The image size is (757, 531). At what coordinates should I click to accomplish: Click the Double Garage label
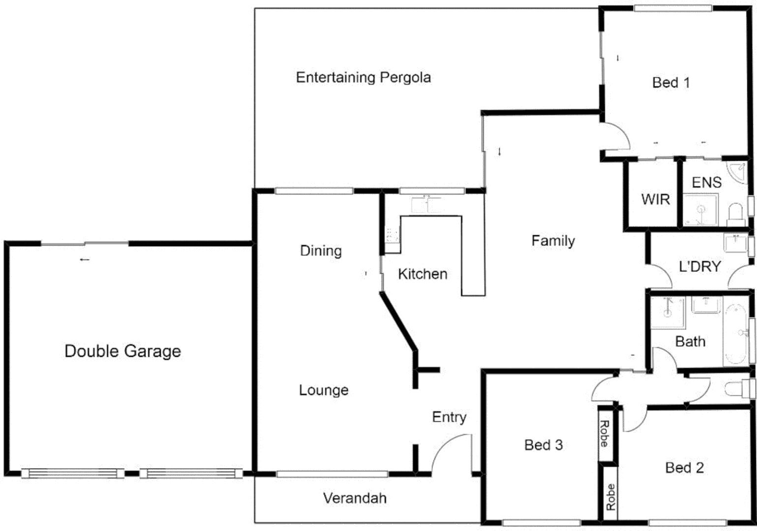pos(122,351)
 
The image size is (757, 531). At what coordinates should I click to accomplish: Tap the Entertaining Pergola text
pos(363,77)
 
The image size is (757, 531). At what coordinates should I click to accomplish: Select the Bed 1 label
pos(670,83)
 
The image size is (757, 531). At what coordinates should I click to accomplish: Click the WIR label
pos(655,199)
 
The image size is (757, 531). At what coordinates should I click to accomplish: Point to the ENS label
pos(706,182)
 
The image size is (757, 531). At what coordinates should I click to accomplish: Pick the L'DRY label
pos(699,266)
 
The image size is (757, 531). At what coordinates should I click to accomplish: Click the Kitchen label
pos(423,274)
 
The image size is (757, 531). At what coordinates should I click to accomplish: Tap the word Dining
pos(321,251)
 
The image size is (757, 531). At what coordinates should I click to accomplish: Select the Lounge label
pos(324,390)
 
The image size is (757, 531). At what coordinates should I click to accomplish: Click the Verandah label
pos(355,498)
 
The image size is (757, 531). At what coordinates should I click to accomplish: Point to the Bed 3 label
pos(543,445)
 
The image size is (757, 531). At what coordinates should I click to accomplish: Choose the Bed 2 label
pos(684,468)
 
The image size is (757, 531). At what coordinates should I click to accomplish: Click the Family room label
pos(553,241)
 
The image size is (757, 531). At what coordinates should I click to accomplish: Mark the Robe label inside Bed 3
pos(605,434)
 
